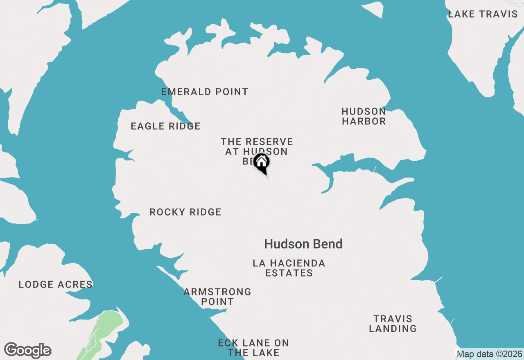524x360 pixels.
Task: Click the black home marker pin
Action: point(261,162)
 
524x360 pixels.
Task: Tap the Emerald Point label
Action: point(205,92)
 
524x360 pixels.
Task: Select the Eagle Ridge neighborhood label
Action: point(166,126)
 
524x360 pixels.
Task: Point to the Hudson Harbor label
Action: point(364,117)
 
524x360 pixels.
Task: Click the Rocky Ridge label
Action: point(185,212)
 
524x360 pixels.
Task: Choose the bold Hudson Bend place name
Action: point(303,244)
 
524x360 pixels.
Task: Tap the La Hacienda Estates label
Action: point(289,268)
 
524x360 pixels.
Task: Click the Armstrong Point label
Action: point(217,297)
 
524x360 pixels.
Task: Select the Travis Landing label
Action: point(393,324)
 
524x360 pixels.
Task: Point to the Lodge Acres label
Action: point(56,285)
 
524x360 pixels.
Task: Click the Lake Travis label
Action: point(483,14)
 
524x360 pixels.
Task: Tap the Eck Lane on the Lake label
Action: point(253,348)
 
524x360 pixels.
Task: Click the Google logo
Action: point(28,351)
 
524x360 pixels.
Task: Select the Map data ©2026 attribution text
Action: point(489,354)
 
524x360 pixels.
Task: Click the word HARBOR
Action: point(364,122)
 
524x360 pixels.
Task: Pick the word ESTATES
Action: point(289,273)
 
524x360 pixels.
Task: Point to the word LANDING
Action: point(393,328)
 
